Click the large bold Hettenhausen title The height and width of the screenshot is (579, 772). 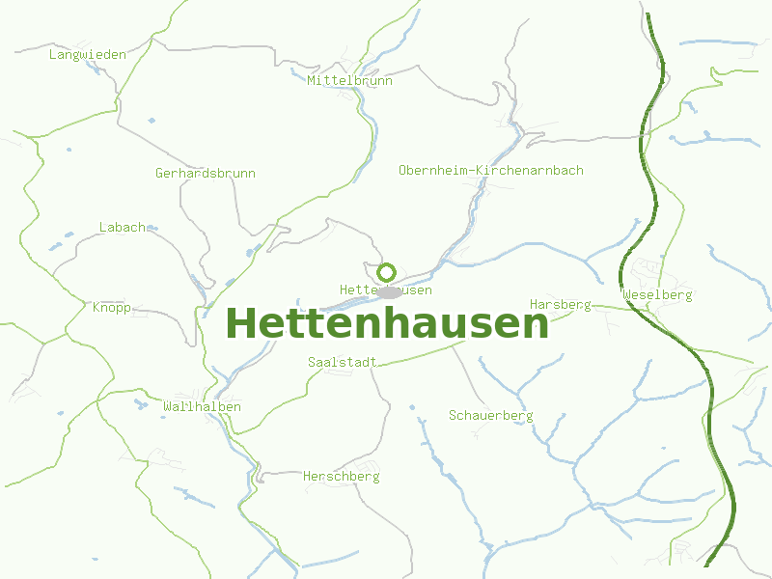pyautogui.click(x=387, y=324)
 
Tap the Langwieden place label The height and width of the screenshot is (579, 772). pyautogui.click(x=88, y=55)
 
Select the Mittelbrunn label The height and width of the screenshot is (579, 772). pyautogui.click(x=350, y=81)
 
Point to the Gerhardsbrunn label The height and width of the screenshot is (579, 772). pyautogui.click(x=206, y=174)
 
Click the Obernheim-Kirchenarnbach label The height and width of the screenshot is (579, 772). pyautogui.click(x=491, y=171)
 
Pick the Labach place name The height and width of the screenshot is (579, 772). pyautogui.click(x=123, y=228)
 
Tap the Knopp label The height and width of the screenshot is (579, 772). pyautogui.click(x=112, y=308)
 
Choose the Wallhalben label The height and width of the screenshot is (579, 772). pyautogui.click(x=203, y=407)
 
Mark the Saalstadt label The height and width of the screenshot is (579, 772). pyautogui.click(x=342, y=362)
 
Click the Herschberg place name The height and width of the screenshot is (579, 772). pyautogui.click(x=342, y=477)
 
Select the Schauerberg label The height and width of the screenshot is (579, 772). pyautogui.click(x=491, y=416)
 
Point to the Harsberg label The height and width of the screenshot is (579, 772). pyautogui.click(x=561, y=305)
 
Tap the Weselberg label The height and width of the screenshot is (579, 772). pyautogui.click(x=658, y=295)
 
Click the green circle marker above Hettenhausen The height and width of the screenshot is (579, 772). pyautogui.click(x=387, y=271)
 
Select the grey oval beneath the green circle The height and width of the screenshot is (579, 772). pyautogui.click(x=389, y=291)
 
